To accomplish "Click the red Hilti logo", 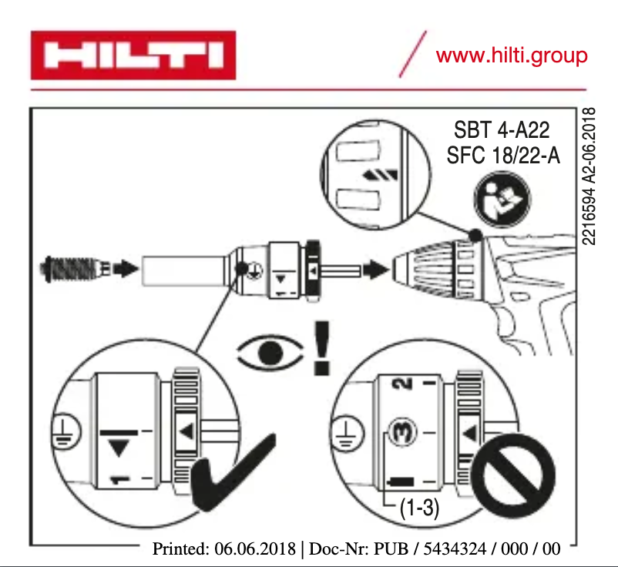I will point(133,55).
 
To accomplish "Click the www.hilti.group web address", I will point(511,55).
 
